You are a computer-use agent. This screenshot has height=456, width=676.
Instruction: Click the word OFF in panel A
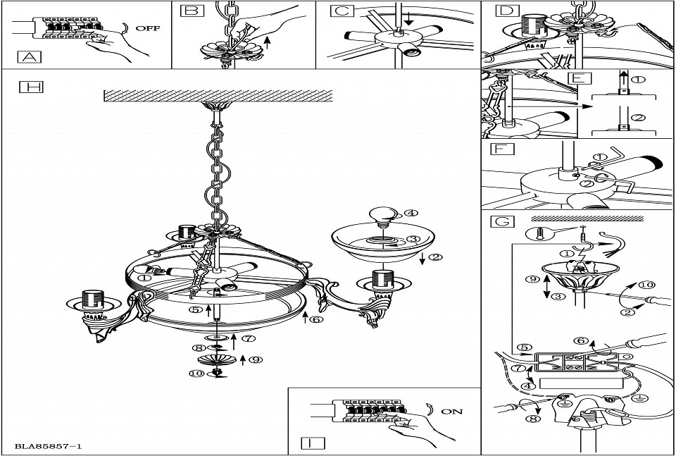(x=147, y=29)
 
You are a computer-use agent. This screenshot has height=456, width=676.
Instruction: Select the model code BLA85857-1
(x=48, y=446)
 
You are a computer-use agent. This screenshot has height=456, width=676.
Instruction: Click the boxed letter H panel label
(x=31, y=87)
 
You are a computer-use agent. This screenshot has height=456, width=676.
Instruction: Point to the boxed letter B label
(x=190, y=11)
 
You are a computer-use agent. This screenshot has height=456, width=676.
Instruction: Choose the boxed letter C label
(x=342, y=11)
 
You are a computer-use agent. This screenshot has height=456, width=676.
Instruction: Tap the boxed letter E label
(x=577, y=78)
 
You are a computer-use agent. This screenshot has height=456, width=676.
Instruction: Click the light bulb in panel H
(x=382, y=212)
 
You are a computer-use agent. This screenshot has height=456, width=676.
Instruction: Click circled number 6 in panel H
(x=317, y=319)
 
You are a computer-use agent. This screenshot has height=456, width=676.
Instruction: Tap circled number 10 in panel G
(x=646, y=285)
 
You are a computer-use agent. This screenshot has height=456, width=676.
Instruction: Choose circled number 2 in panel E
(x=637, y=118)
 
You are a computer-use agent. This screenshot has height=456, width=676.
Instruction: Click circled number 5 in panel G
(x=522, y=347)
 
